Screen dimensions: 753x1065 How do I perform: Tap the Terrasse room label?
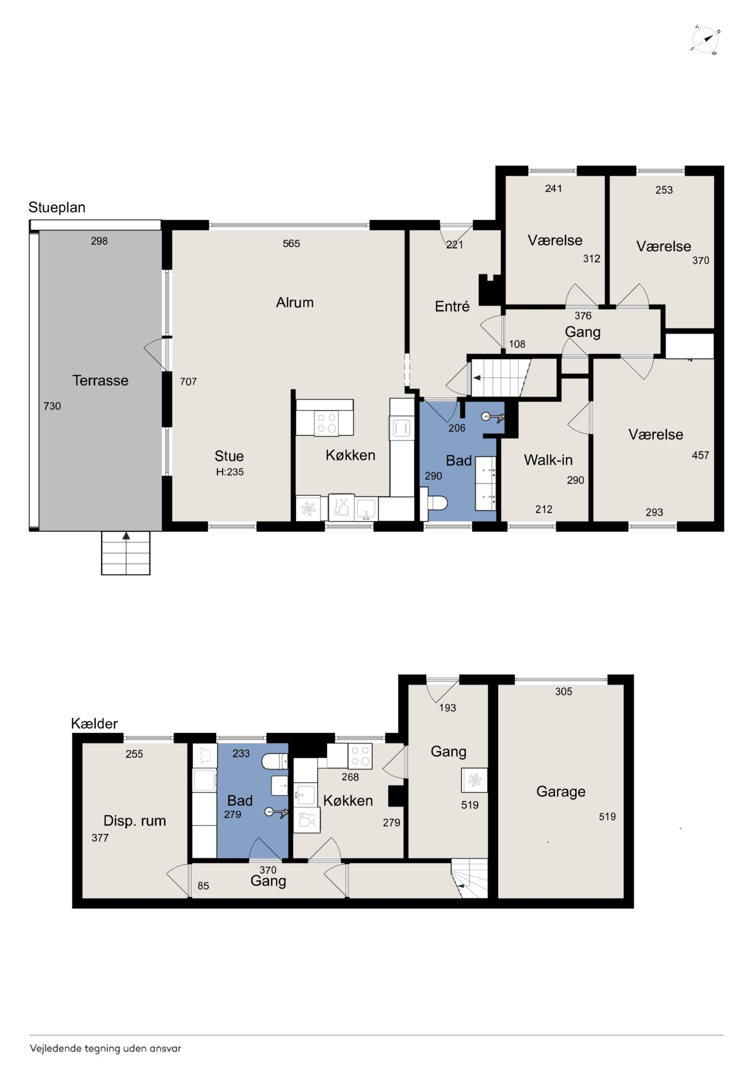coord(100,381)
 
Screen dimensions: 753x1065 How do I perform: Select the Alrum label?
coord(295,302)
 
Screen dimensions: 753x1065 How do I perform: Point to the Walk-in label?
coord(548,460)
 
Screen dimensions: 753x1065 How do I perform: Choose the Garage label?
coord(560,791)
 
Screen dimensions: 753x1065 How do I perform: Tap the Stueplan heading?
coord(57,207)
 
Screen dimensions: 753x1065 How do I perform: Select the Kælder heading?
coord(94,724)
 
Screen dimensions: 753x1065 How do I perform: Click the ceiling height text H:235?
coord(230,472)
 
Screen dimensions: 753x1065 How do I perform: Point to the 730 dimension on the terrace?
coord(52,406)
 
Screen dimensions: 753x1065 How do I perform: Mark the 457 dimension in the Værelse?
coord(700,455)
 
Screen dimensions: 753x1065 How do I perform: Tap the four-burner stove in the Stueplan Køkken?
coord(326,423)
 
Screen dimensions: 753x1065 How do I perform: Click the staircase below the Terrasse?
coord(126,553)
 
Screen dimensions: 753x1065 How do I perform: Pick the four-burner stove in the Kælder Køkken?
coord(360,756)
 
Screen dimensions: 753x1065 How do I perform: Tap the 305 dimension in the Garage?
coord(563,691)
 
